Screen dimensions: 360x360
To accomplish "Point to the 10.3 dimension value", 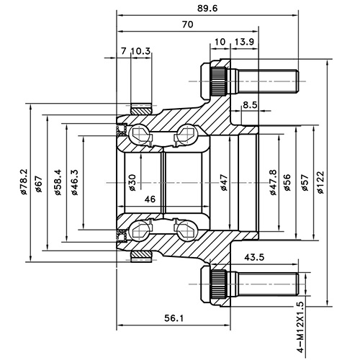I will click(141, 51).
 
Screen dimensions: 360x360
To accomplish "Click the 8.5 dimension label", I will click(251, 106).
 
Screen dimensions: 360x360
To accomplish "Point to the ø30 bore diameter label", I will click(132, 181).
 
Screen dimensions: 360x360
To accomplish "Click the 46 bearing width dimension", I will click(150, 199).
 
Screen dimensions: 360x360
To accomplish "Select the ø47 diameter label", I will click(224, 181).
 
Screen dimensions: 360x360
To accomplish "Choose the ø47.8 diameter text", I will click(272, 180).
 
